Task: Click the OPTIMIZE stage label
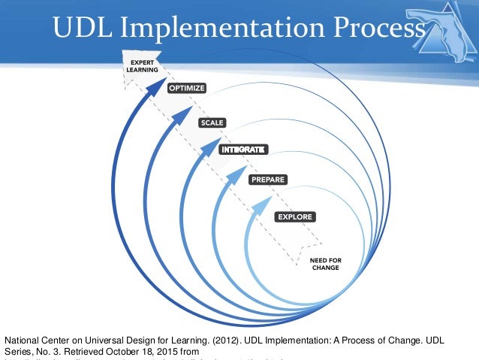pyautogui.click(x=186, y=88)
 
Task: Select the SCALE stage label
pyautogui.click(x=212, y=122)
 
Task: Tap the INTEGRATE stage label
pyautogui.click(x=243, y=150)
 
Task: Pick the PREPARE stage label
pyautogui.click(x=267, y=180)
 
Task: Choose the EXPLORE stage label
pyautogui.click(x=294, y=217)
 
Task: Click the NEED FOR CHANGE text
pyautogui.click(x=325, y=264)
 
